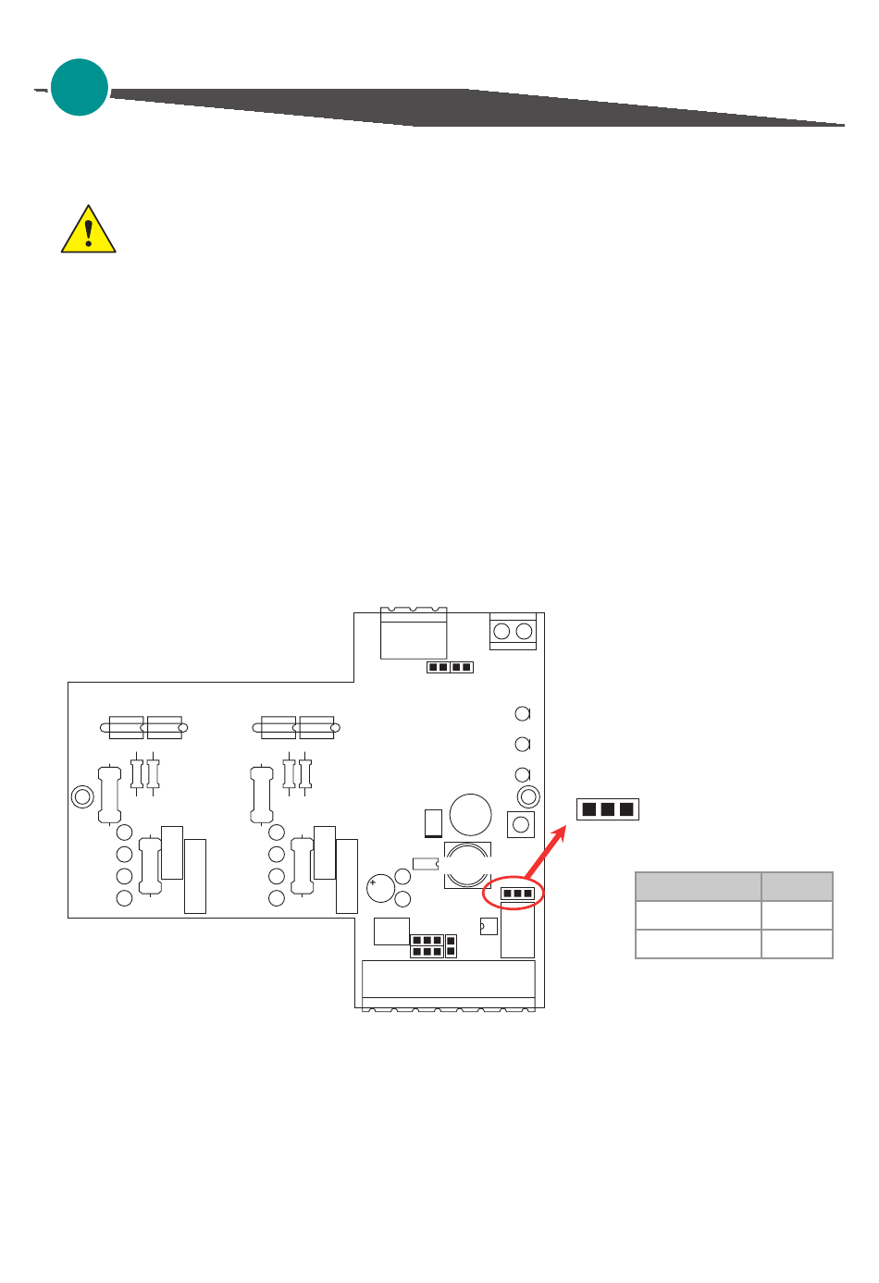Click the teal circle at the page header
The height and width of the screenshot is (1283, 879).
(x=80, y=88)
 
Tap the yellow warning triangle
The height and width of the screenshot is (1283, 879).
(x=88, y=231)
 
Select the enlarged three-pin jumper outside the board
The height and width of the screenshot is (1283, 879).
(x=607, y=809)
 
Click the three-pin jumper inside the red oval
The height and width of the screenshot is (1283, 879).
(x=517, y=894)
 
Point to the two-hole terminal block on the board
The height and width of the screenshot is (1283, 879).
(x=513, y=632)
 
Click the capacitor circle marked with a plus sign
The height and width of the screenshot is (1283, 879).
(x=380, y=888)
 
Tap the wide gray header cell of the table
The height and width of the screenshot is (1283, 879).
(x=698, y=886)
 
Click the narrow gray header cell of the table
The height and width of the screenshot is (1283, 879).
(x=797, y=886)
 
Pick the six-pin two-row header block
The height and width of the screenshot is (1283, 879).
(x=427, y=946)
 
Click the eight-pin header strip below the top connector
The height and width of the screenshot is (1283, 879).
(x=450, y=667)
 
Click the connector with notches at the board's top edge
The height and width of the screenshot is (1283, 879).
(x=414, y=633)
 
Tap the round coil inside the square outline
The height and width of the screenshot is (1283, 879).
(x=467, y=865)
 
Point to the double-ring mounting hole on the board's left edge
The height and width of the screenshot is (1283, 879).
(x=81, y=796)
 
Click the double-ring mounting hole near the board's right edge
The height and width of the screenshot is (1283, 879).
(x=528, y=796)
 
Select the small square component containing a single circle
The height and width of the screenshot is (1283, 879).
(x=521, y=824)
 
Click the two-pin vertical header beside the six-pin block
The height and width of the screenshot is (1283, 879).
(x=451, y=946)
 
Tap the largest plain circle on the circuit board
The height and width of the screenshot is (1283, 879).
(x=471, y=815)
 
